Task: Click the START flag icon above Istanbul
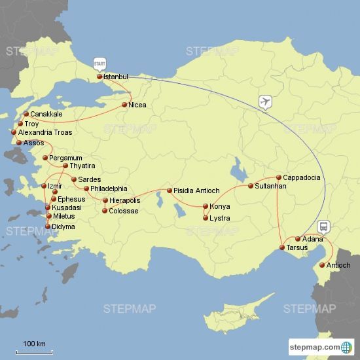click(99, 63)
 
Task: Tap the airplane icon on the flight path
click(265, 101)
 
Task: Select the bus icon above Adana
click(323, 226)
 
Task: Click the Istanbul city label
click(116, 77)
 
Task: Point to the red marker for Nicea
click(124, 105)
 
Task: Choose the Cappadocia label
click(302, 177)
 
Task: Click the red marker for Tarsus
click(282, 247)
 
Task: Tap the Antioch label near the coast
click(338, 265)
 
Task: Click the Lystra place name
click(220, 218)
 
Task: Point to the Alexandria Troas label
click(45, 132)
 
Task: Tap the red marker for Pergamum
click(45, 158)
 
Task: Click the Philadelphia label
click(109, 189)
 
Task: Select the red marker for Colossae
click(105, 211)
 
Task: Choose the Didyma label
click(64, 226)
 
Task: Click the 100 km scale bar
click(34, 351)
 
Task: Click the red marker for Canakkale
click(26, 114)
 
